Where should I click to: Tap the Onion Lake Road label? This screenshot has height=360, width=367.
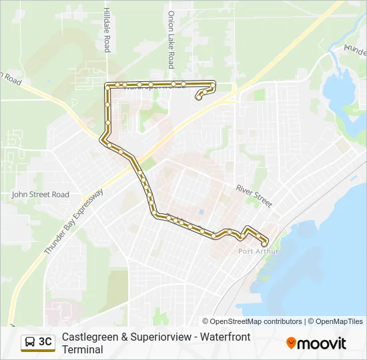point(171,39)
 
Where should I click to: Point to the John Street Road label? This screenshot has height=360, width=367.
point(40,195)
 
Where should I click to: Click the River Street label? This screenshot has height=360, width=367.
point(254,196)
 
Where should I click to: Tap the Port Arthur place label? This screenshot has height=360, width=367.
point(257,251)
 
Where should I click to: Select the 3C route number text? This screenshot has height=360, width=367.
point(45,342)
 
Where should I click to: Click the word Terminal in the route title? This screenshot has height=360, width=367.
point(83,349)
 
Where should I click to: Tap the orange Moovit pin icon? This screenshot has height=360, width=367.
point(291,343)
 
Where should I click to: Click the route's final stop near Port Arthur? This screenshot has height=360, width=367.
point(264,244)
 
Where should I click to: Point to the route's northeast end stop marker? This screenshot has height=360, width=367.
point(199,98)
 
